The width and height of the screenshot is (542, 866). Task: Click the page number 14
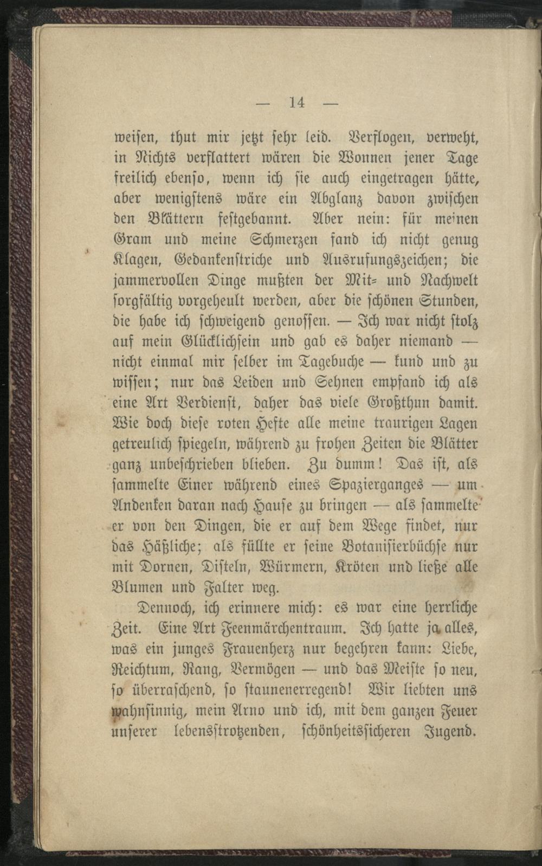297,102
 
